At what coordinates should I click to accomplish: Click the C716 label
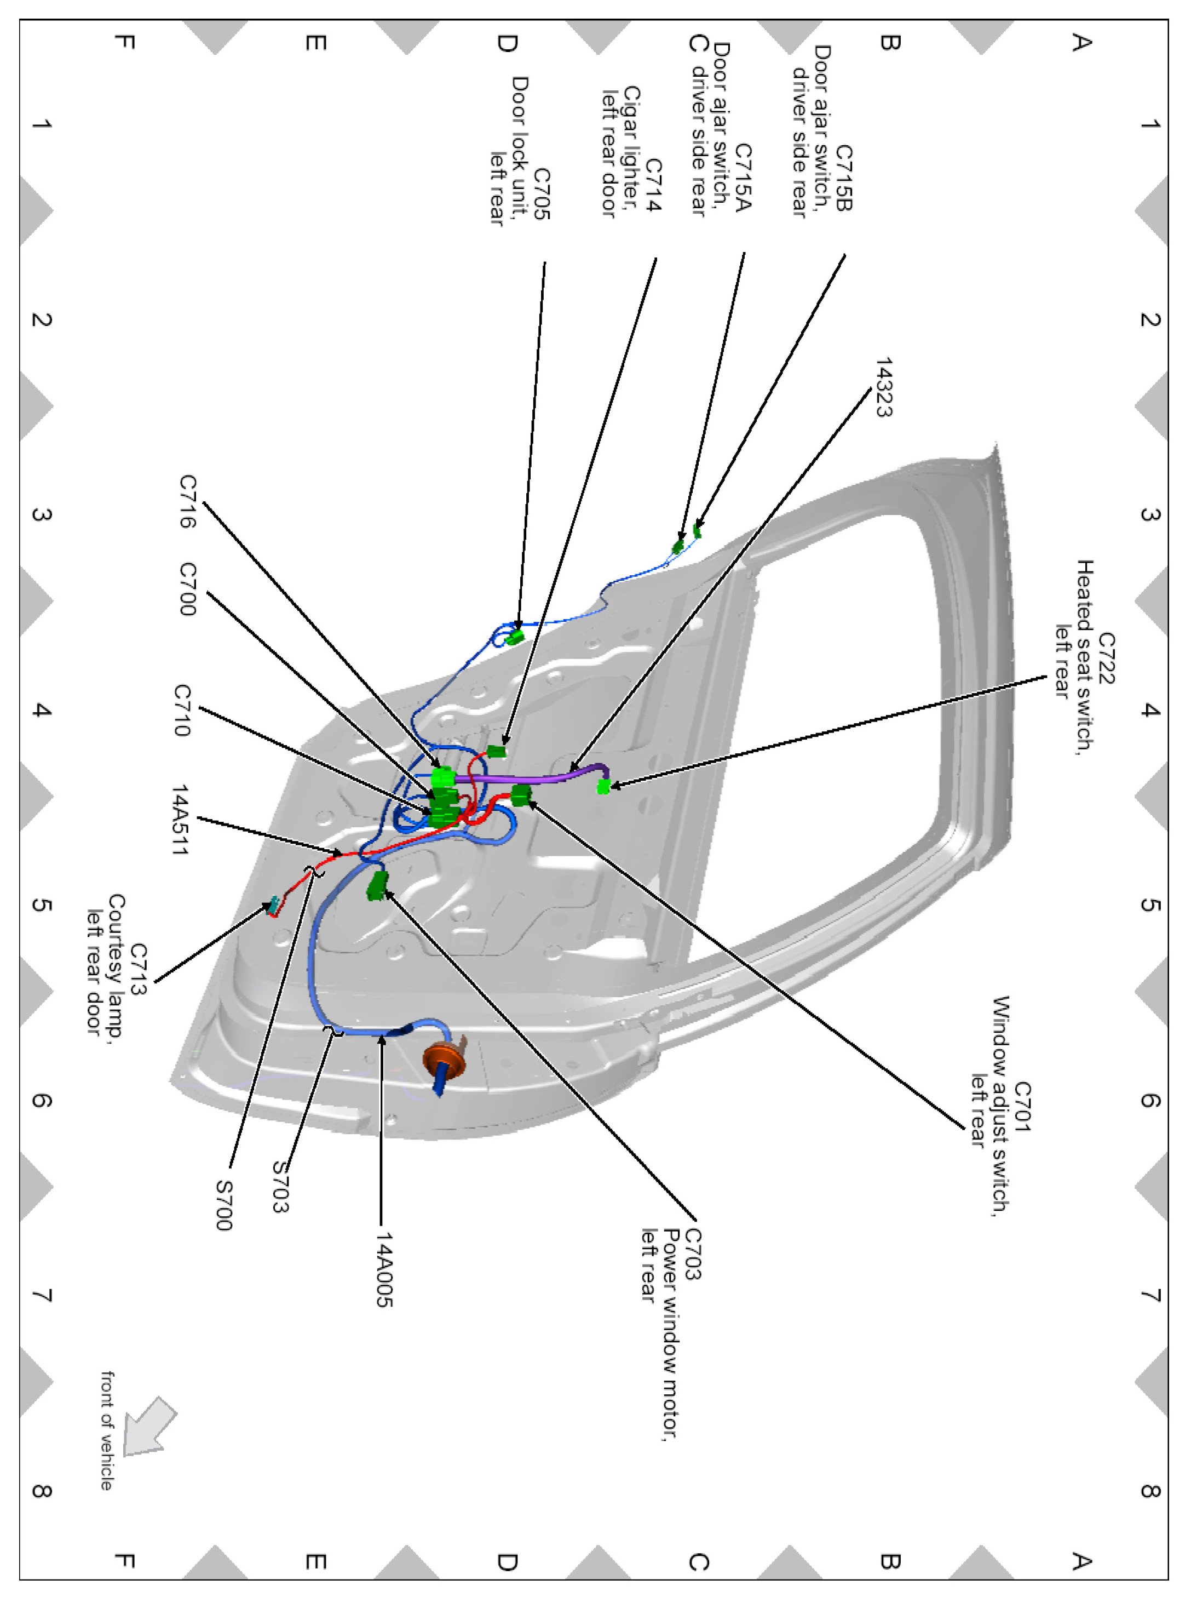click(187, 501)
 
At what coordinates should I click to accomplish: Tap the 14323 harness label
click(884, 387)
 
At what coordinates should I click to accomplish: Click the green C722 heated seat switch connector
click(603, 786)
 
